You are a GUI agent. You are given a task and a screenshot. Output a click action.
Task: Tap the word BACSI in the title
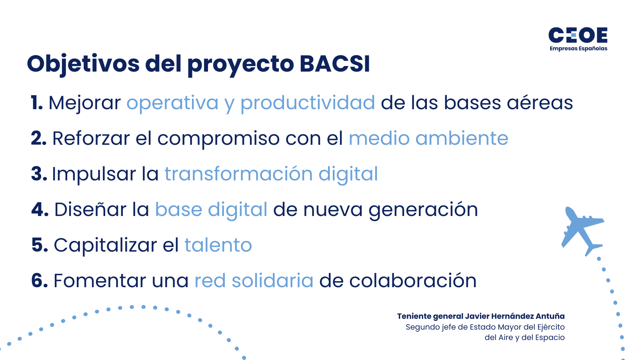point(334,64)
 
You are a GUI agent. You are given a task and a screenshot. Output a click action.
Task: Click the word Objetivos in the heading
point(83,64)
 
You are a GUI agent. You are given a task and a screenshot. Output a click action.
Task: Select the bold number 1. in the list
point(37,103)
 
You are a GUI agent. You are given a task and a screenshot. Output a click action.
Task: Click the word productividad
point(307,103)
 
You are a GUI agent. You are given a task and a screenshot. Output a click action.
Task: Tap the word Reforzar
point(91,138)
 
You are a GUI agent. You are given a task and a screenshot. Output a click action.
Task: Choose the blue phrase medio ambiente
point(428,138)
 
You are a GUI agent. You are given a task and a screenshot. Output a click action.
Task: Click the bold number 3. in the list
point(39,174)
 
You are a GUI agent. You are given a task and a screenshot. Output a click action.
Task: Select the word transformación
point(238,174)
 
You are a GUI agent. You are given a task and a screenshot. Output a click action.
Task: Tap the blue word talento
point(218,245)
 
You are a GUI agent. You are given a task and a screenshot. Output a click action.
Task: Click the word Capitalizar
point(105,246)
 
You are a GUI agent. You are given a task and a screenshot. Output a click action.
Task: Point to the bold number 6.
point(39,281)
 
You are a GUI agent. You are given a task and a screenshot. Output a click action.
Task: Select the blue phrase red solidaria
point(254,281)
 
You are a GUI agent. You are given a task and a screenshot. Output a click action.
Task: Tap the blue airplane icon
point(581,230)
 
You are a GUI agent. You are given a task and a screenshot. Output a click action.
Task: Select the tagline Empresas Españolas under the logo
point(578,49)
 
